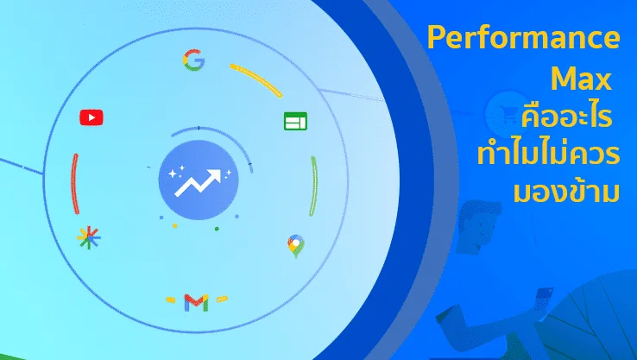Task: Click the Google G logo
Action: [194, 60]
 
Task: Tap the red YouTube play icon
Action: [91, 117]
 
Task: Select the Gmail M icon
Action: [196, 303]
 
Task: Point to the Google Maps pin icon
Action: [296, 246]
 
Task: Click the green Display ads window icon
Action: [295, 121]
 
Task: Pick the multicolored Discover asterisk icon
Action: [89, 237]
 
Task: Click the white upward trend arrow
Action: [198, 183]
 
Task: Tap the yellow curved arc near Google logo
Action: [256, 79]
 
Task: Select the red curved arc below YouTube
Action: [75, 184]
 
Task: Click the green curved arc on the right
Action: [314, 186]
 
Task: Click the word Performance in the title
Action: [524, 38]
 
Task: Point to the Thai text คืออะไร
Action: [566, 116]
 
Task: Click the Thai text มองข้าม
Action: [566, 190]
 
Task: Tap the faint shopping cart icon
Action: [507, 113]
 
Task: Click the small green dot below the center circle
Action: [217, 229]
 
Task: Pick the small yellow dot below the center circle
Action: [174, 225]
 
